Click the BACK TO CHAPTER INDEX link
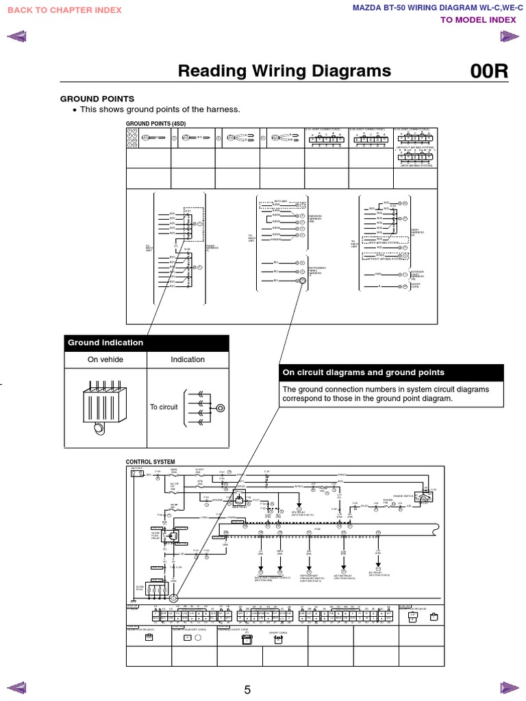click(64, 10)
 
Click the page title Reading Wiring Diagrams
click(284, 71)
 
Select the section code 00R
click(489, 72)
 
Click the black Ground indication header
click(147, 343)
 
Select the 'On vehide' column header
click(105, 359)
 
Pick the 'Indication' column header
click(188, 359)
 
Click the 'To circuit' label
click(164, 407)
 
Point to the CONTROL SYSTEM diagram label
click(150, 462)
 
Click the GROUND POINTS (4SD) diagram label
click(155, 123)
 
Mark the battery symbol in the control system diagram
click(136, 473)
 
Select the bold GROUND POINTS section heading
click(98, 99)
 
